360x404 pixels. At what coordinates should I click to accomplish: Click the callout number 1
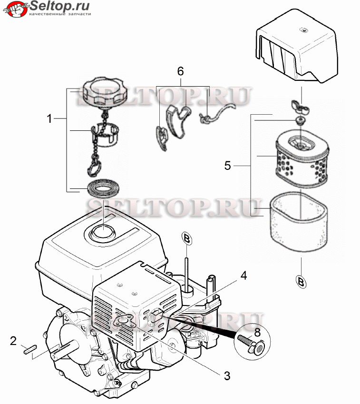pyautogui.click(x=49, y=119)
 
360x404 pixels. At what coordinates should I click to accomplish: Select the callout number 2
pyautogui.click(x=13, y=341)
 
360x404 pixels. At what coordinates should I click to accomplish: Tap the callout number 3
pyautogui.click(x=227, y=375)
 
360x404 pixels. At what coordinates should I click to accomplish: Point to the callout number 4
pyautogui.click(x=243, y=276)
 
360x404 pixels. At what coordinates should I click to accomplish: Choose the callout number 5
pyautogui.click(x=227, y=166)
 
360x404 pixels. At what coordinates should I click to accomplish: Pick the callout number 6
pyautogui.click(x=181, y=71)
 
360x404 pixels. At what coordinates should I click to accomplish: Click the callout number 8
pyautogui.click(x=257, y=333)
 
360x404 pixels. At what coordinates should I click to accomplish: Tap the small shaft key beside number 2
pyautogui.click(x=30, y=350)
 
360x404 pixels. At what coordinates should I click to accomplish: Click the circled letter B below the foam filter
pyautogui.click(x=301, y=282)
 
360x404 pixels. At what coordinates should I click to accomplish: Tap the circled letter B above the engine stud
pyautogui.click(x=187, y=239)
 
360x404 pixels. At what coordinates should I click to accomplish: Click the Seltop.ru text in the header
pyautogui.click(x=60, y=5)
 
